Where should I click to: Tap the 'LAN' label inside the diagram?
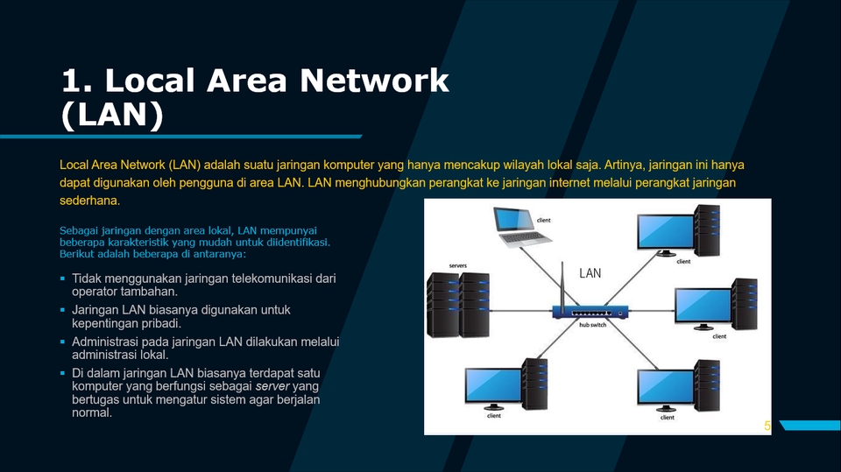coord(590,273)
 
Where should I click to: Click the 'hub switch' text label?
coord(592,326)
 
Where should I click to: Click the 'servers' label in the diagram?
coord(457,264)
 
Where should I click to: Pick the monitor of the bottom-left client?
coord(492,387)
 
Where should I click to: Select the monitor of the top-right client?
coord(663,231)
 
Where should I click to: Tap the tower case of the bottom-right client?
coord(705,384)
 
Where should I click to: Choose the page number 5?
coord(767,426)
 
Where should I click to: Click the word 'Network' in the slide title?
coord(375,81)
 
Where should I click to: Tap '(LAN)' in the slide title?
coord(112,115)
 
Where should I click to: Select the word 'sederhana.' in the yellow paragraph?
coord(89,201)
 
